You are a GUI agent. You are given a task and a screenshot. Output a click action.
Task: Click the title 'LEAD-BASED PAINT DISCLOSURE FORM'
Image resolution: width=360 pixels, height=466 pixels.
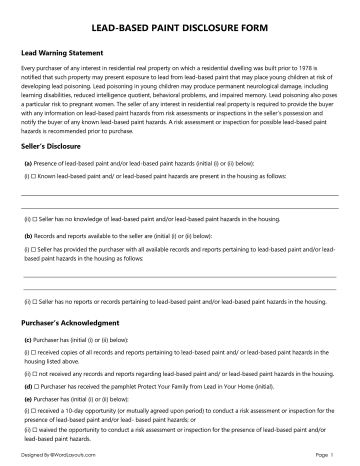179,28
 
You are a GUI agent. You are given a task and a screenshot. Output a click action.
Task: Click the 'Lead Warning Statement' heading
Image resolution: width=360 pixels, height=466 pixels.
62,53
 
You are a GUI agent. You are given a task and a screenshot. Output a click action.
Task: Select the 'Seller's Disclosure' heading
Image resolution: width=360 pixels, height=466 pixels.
50,146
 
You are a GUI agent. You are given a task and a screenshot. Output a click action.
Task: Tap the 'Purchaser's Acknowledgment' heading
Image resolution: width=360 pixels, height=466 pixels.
70,323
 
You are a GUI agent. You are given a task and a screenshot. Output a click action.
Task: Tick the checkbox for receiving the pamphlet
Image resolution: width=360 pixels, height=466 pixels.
36,386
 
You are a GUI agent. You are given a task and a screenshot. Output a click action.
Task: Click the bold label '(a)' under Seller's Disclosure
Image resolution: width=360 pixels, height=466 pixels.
28,163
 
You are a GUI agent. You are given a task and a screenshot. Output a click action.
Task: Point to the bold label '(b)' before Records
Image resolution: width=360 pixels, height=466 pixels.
28,236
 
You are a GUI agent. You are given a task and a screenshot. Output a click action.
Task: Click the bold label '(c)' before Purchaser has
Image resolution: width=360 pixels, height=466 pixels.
28,340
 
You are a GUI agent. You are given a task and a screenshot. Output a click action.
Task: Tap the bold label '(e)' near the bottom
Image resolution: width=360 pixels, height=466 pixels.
28,399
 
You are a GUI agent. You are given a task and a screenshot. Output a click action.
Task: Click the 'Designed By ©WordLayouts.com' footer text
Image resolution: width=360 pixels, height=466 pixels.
58,455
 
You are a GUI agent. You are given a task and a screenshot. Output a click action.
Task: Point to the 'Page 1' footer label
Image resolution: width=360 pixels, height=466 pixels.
324,455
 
